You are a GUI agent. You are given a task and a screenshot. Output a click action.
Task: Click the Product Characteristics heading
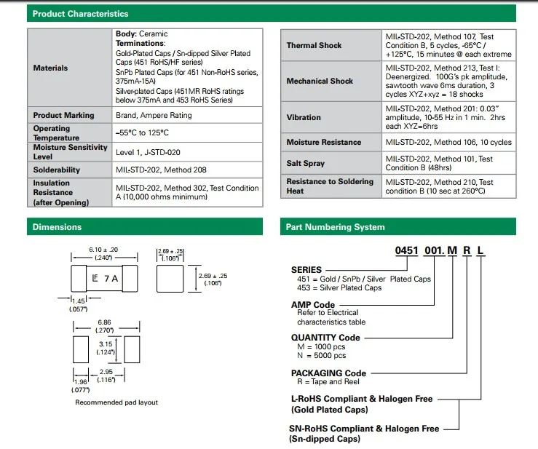pos(80,14)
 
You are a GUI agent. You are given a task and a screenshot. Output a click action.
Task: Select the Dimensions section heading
pos(57,227)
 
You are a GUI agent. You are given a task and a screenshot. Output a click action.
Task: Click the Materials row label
pos(50,68)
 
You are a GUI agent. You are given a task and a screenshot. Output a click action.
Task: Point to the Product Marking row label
pos(63,115)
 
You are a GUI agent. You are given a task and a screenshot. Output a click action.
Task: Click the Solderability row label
pos(57,170)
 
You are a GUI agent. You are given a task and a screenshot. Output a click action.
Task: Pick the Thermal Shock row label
pos(314,45)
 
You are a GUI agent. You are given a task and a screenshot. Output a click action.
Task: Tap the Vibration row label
pos(304,117)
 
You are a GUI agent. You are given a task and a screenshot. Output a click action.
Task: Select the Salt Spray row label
pos(304,164)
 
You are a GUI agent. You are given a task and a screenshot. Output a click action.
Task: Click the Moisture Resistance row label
pos(323,143)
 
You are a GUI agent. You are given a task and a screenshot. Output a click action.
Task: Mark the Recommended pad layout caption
pos(116,402)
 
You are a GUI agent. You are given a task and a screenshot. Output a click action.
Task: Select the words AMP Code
pos(313,304)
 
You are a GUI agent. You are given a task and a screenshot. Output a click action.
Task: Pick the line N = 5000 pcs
pos(321,355)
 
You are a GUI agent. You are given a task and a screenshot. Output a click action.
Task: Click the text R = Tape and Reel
pos(330,381)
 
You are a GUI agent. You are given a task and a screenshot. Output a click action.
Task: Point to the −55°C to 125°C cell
pos(142,133)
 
